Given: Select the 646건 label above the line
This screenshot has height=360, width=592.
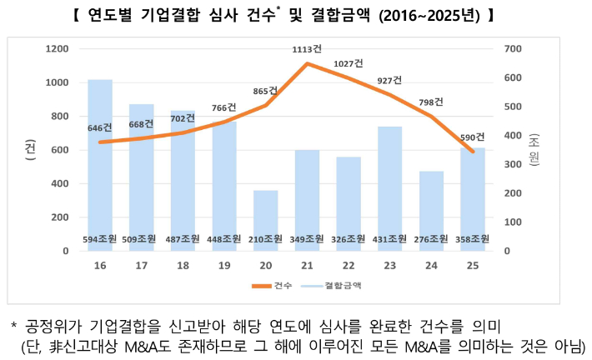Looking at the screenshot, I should pyautogui.click(x=100, y=128).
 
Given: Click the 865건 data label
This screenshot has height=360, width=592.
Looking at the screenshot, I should pyautogui.click(x=266, y=91).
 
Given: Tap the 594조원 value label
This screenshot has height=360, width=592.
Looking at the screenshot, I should pyautogui.click(x=100, y=239).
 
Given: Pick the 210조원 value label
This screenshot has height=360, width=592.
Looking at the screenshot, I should pyautogui.click(x=266, y=239).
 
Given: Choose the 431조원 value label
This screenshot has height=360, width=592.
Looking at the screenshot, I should pyautogui.click(x=390, y=239).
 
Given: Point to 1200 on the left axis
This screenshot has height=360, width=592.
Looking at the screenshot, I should pyautogui.click(x=57, y=49).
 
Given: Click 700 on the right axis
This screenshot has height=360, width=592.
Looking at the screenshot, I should pyautogui.click(x=512, y=49).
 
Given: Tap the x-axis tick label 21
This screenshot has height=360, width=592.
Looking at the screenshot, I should pyautogui.click(x=308, y=266).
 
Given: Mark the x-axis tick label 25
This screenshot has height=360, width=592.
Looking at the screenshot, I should pyautogui.click(x=473, y=266).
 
